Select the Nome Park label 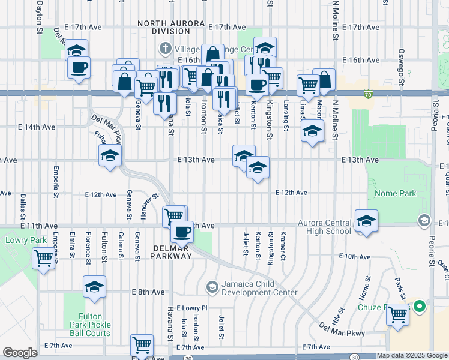click(x=394, y=194)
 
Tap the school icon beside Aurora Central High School click(x=366, y=221)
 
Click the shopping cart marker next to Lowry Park click(x=44, y=259)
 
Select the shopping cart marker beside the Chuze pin click(x=397, y=314)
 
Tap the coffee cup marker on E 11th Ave click(x=182, y=231)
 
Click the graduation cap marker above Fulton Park click(x=94, y=288)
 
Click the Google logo click(x=20, y=353)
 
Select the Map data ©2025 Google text click(x=412, y=355)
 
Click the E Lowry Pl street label click(x=191, y=307)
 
